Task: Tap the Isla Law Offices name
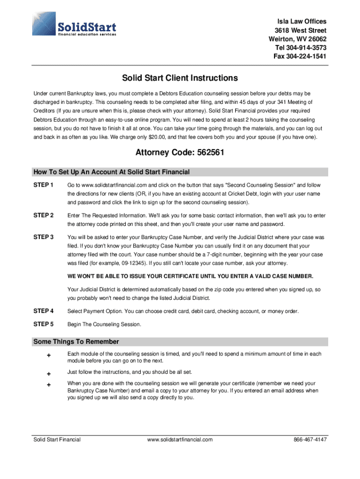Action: click(302, 22)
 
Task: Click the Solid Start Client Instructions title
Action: click(180, 78)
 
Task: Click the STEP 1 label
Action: click(43, 185)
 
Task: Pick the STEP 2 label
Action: click(43, 215)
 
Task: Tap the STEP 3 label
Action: click(43, 237)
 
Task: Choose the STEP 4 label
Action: click(43, 311)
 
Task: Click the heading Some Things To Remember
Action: click(76, 341)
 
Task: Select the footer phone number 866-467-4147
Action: click(310, 440)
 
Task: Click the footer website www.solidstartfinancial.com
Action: click(180, 440)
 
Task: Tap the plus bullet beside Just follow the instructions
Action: click(48, 373)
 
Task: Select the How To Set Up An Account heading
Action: click(111, 172)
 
